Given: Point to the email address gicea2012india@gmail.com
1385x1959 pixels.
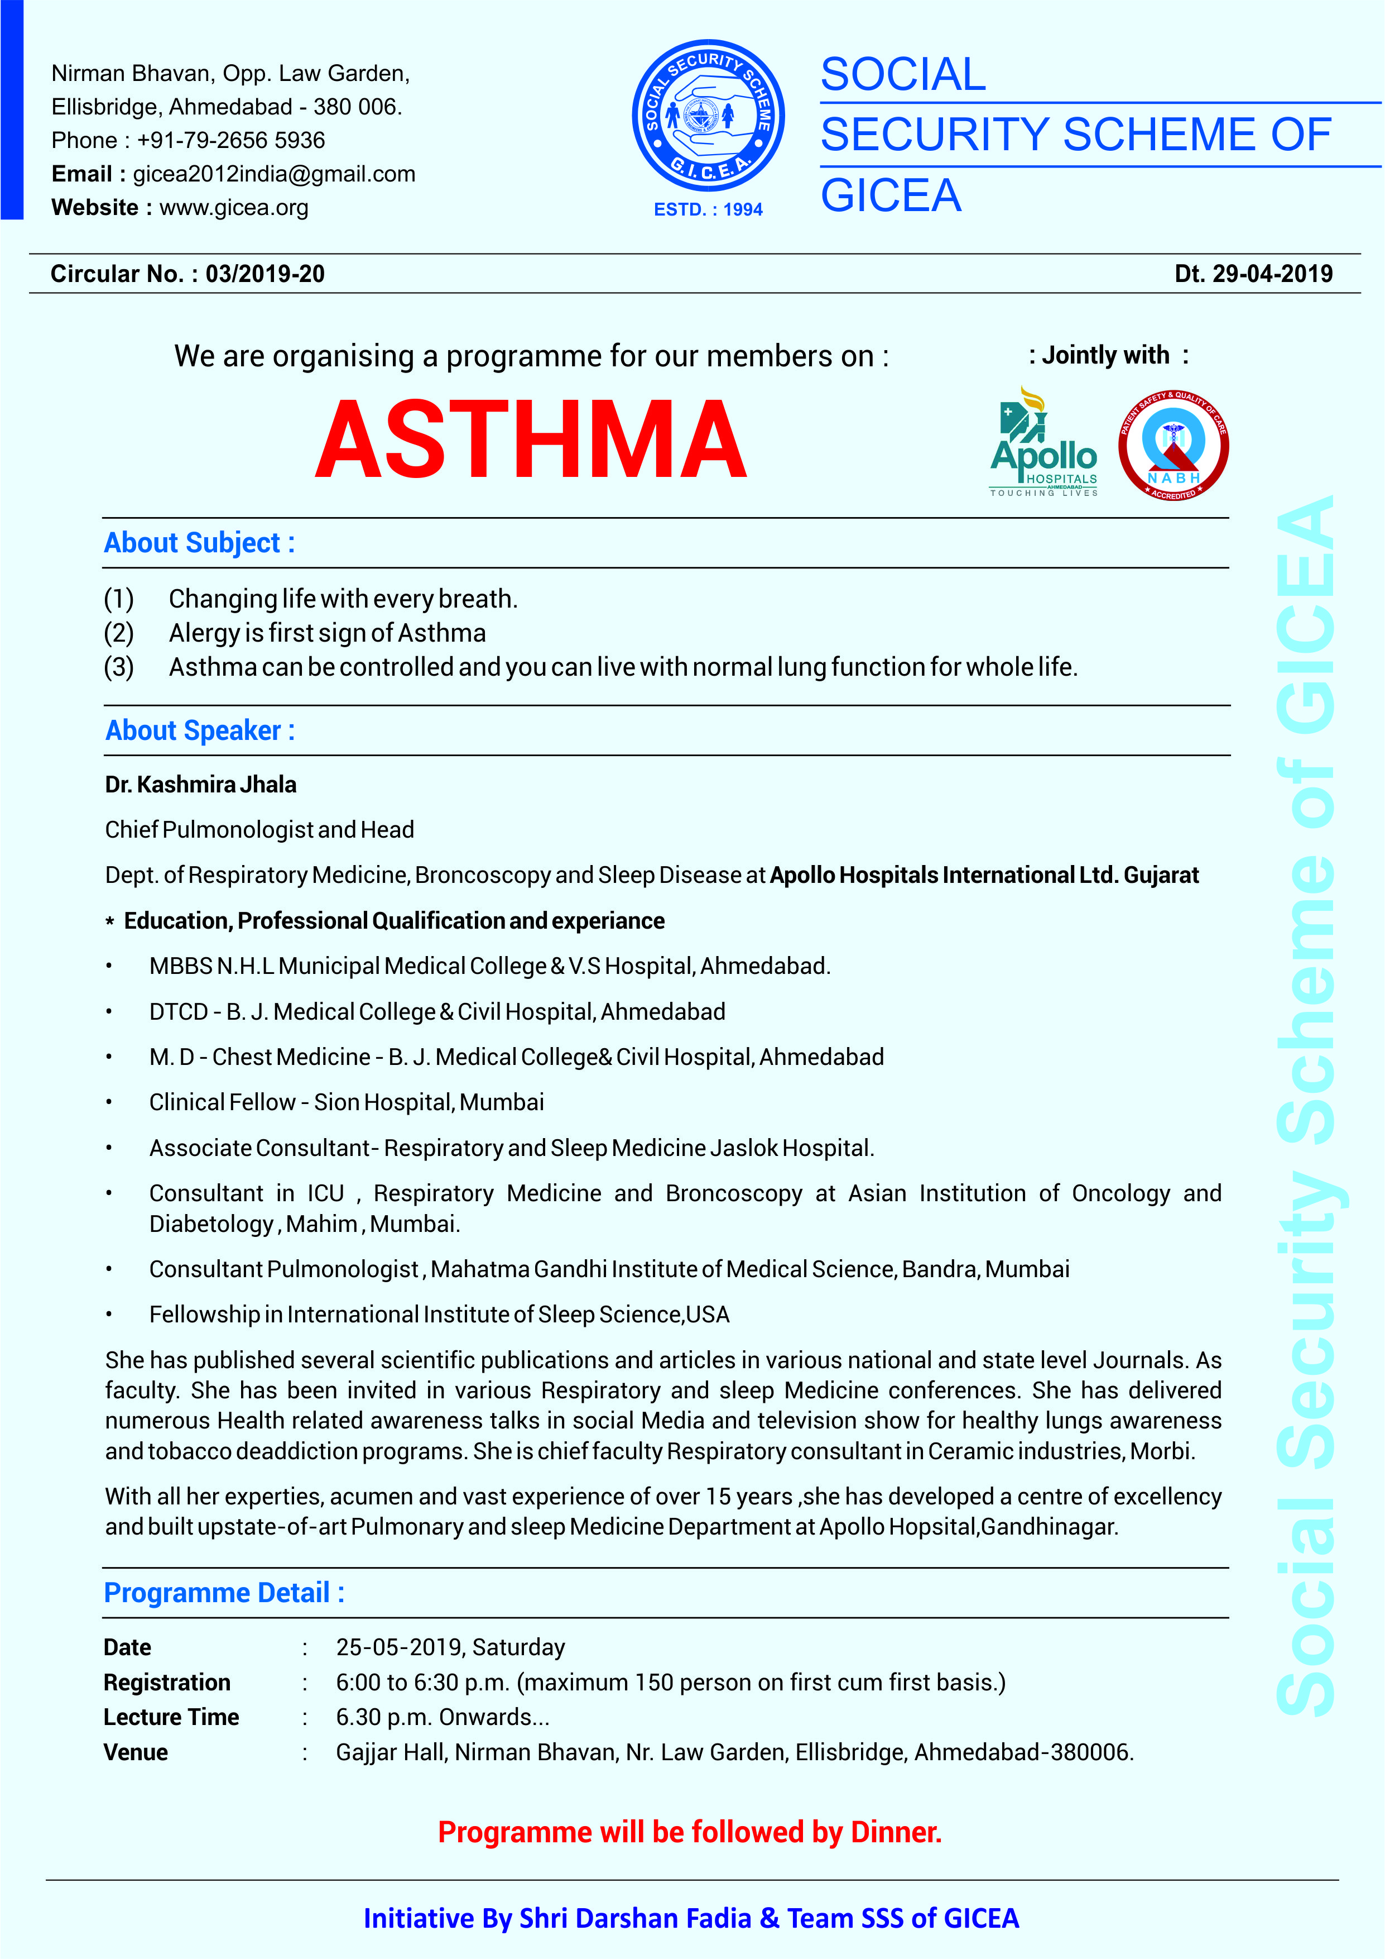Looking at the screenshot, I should pyautogui.click(x=274, y=174).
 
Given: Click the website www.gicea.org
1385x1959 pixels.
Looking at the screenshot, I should pyautogui.click(x=234, y=207).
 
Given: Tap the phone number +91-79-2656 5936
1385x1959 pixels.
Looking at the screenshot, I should pyautogui.click(x=230, y=140).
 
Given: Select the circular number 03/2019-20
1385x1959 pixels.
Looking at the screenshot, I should pyautogui.click(x=265, y=274).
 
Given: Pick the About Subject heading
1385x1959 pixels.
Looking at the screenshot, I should pyautogui.click(x=200, y=543).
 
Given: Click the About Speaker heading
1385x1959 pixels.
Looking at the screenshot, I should pyautogui.click(x=200, y=730).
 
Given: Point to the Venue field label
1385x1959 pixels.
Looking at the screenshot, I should pyautogui.click(x=136, y=1752).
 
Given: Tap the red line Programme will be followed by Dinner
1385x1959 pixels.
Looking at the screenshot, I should pyautogui.click(x=689, y=1831).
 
